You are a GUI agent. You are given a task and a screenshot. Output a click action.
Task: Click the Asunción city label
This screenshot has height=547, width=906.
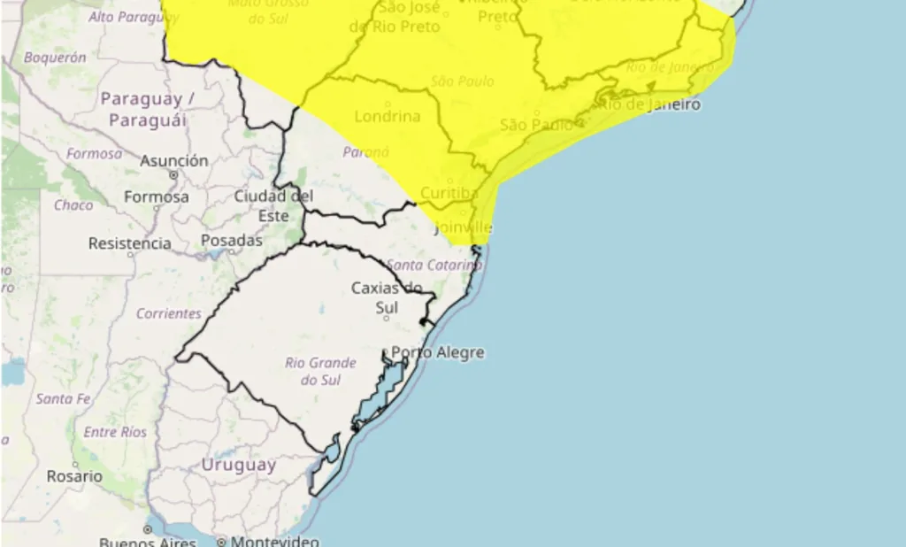(174, 161)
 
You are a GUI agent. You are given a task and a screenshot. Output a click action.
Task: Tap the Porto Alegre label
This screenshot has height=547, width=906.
(438, 352)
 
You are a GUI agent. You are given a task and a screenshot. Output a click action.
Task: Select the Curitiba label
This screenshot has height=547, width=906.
(449, 193)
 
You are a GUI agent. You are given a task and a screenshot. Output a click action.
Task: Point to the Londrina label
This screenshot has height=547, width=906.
(387, 116)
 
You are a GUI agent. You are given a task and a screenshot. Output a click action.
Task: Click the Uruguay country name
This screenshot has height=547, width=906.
(239, 465)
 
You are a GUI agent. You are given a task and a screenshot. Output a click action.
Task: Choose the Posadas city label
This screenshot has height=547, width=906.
(232, 241)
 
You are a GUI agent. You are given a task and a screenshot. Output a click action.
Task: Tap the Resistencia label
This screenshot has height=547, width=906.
(129, 243)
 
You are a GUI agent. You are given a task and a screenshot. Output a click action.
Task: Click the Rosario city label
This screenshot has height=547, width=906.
(74, 476)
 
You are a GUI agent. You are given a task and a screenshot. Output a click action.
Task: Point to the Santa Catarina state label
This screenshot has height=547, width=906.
(434, 265)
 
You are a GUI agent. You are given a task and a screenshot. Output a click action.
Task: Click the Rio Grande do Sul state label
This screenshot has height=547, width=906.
(320, 372)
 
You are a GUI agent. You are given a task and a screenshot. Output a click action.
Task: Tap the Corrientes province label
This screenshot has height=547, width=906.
(168, 314)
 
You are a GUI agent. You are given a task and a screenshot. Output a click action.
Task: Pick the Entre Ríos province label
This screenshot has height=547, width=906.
(115, 432)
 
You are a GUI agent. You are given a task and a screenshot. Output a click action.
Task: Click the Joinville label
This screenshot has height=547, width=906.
(464, 228)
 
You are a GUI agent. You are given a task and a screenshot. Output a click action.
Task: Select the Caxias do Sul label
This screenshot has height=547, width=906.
(387, 297)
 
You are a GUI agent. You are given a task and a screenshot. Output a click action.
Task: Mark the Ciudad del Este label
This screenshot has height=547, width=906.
(273, 205)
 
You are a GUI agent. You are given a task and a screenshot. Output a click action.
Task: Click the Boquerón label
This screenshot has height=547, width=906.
(55, 58)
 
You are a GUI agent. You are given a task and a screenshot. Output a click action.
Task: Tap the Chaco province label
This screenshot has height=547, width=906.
(73, 205)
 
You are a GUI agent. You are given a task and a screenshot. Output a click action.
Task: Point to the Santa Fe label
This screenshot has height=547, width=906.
(63, 399)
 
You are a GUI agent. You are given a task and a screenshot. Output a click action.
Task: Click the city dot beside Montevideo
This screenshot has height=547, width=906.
(222, 542)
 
